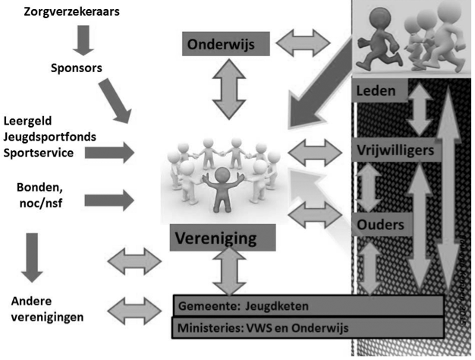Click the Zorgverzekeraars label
(x=73, y=12)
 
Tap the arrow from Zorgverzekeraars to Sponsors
(x=83, y=39)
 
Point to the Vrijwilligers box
(x=395, y=150)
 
